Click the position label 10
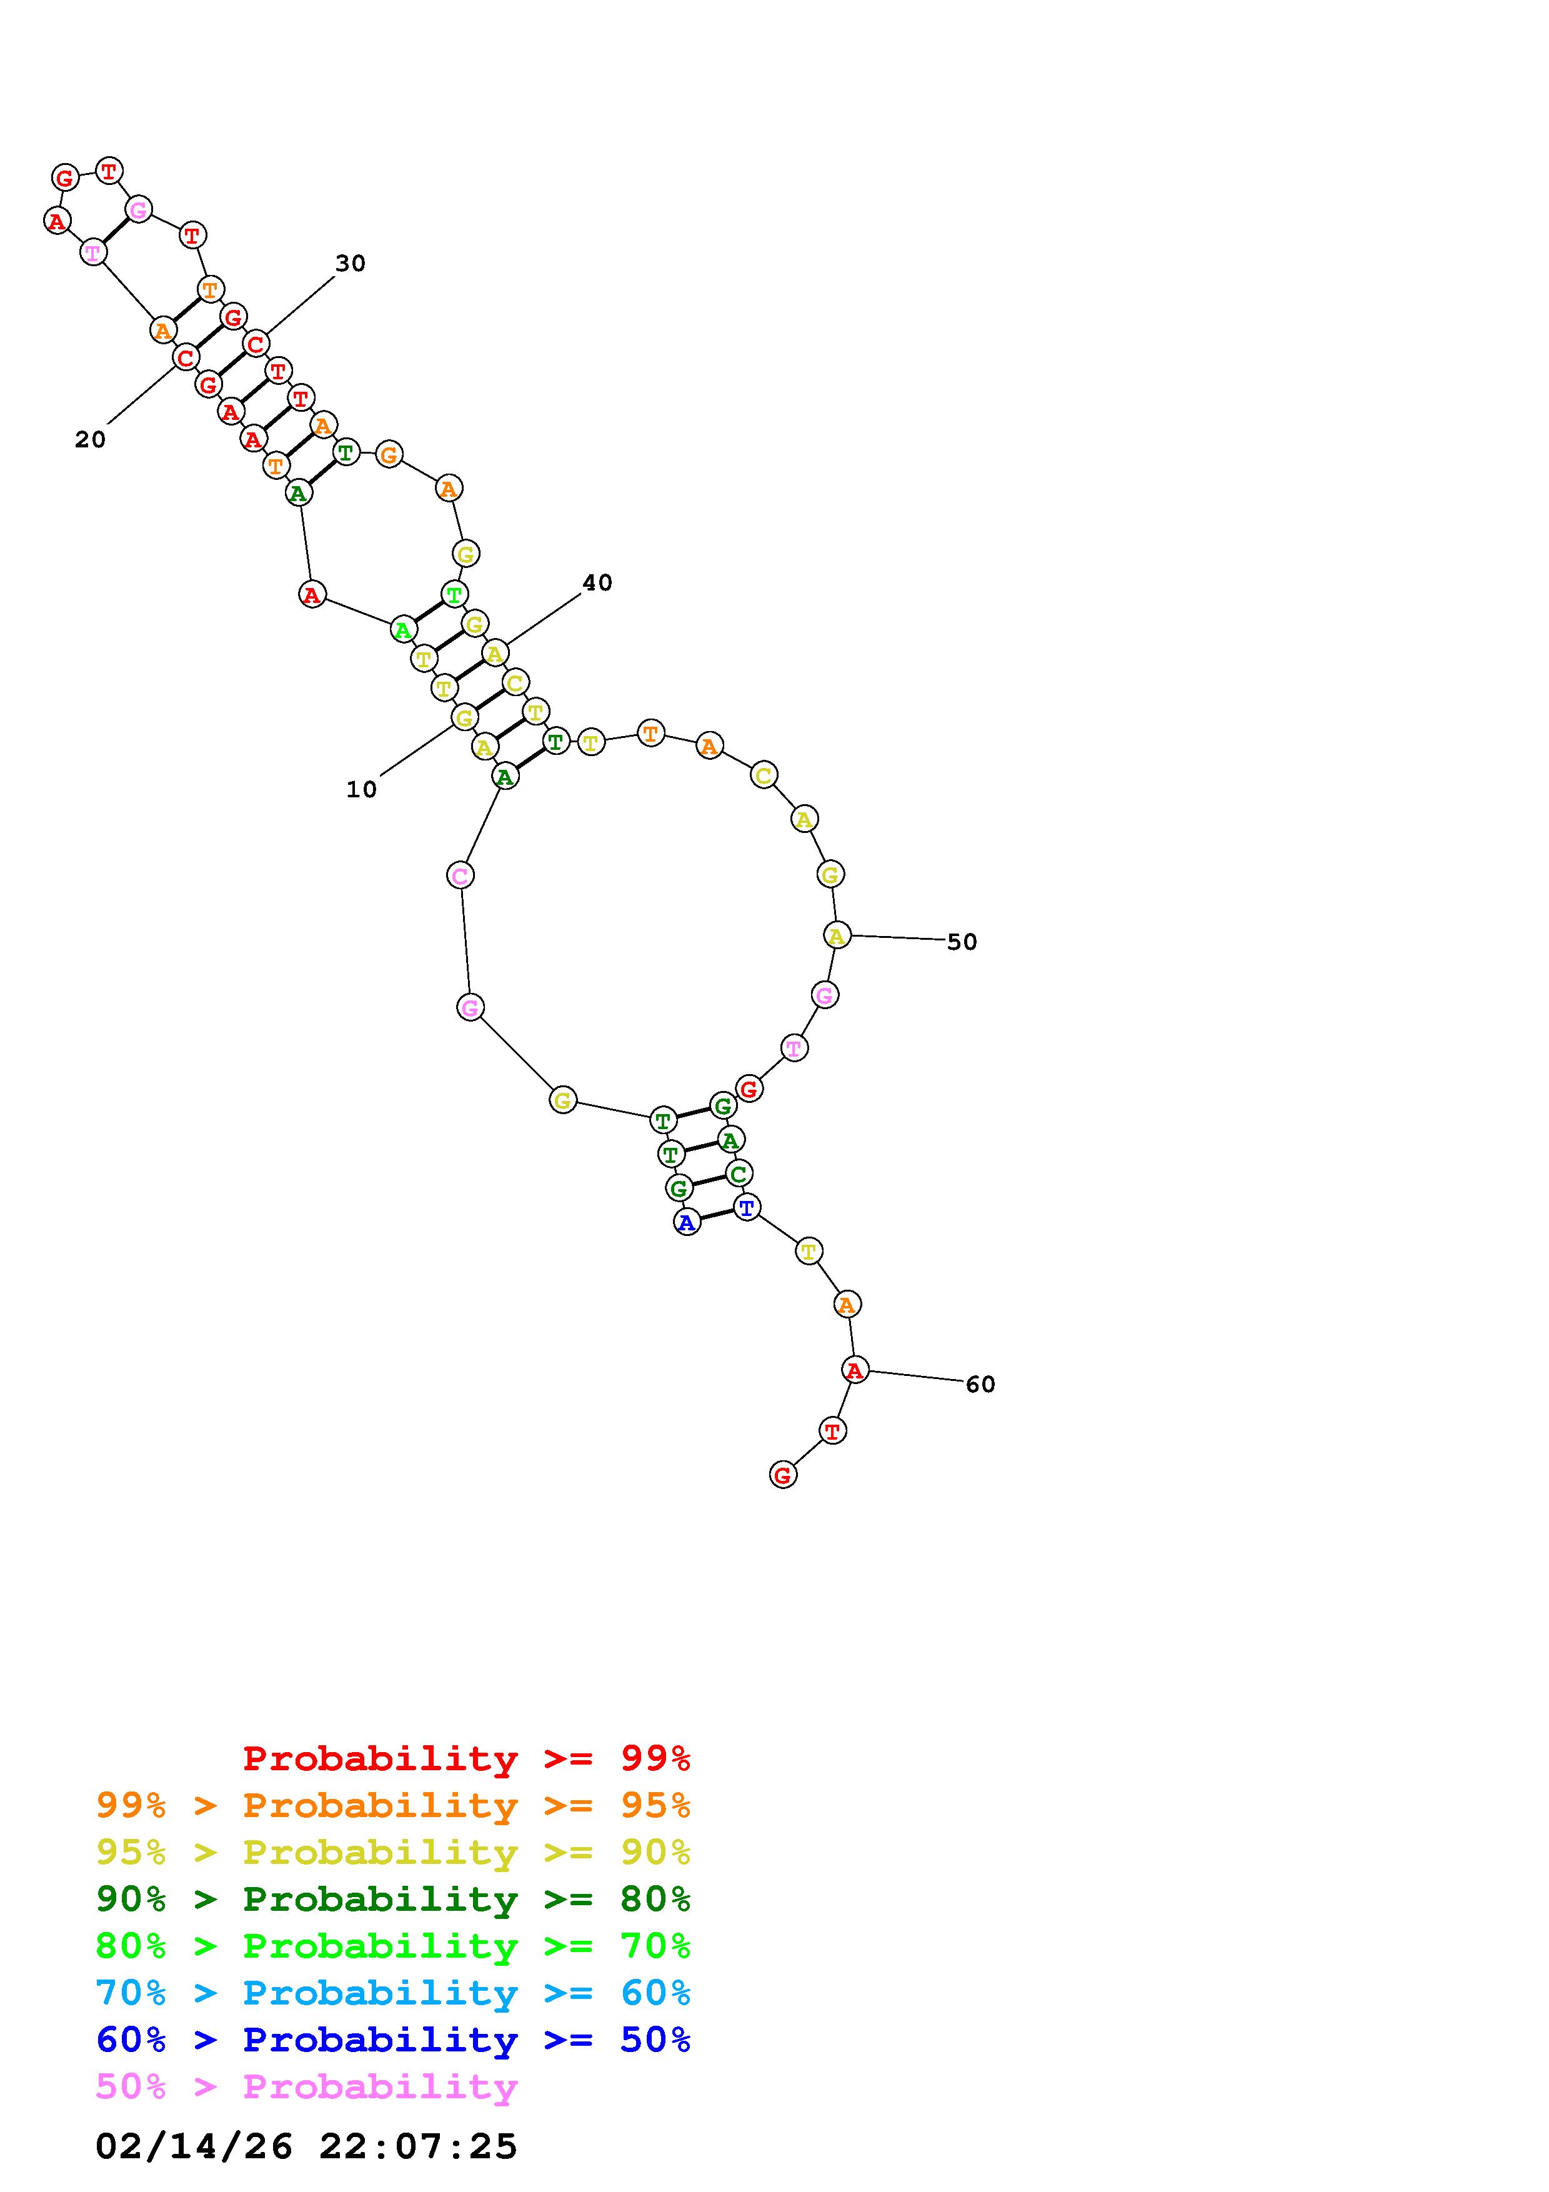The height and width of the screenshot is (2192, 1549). point(362,790)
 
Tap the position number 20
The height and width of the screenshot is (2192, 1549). point(91,439)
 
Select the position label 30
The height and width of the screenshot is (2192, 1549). point(351,264)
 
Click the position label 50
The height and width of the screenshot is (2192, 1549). point(962,942)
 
